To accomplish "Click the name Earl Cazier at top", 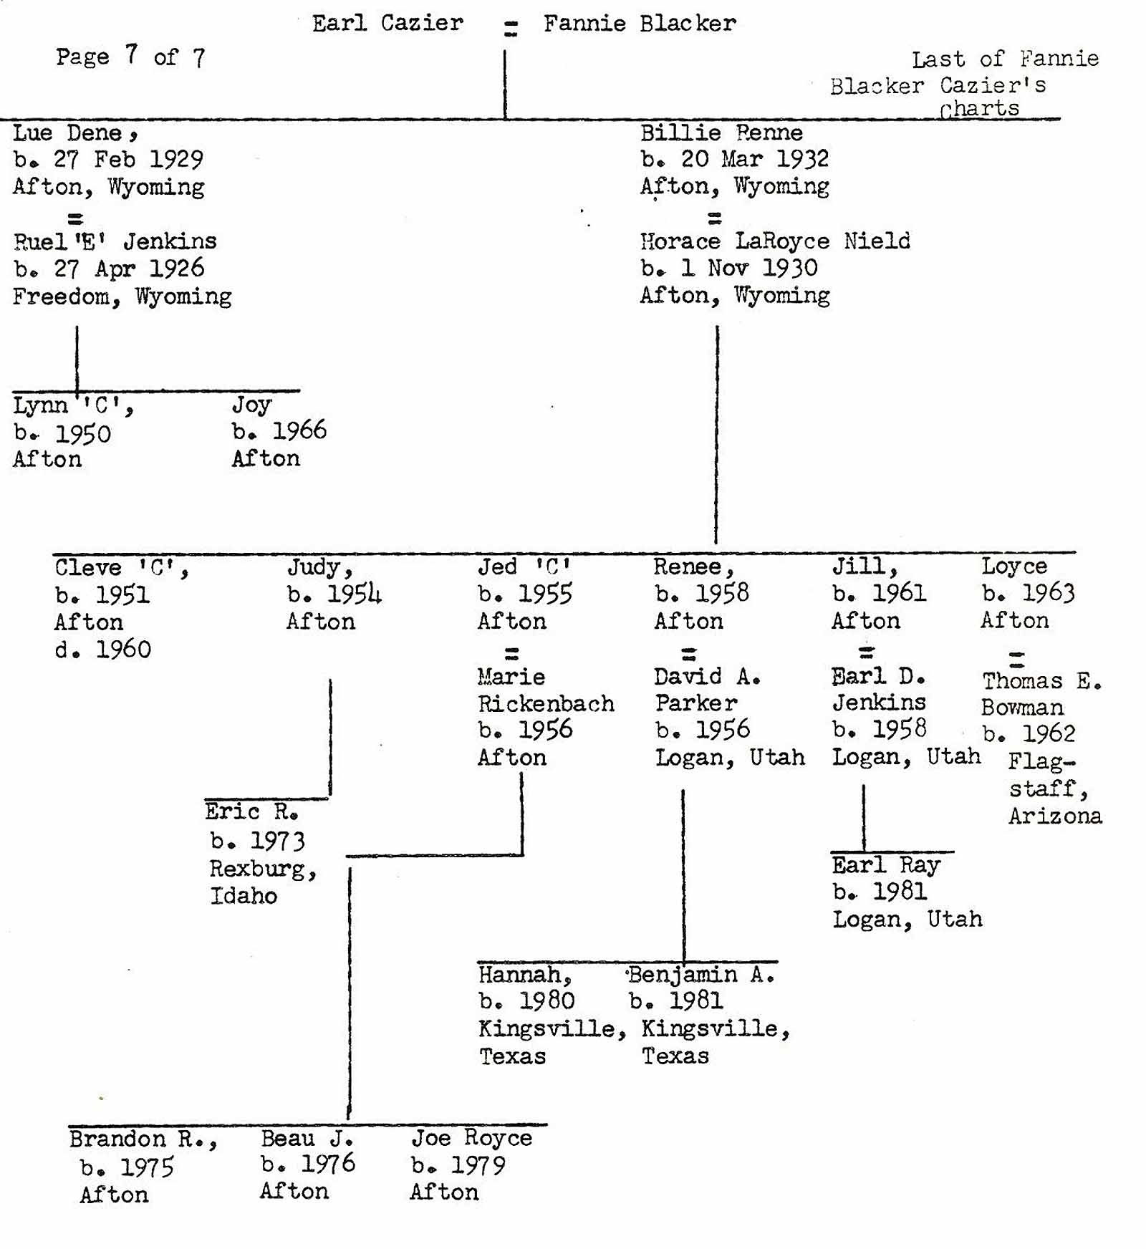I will pos(387,24).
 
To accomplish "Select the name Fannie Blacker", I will pos(639,24).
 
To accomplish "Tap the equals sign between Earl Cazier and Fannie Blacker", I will pos(510,29).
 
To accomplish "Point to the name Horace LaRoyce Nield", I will pos(775,241).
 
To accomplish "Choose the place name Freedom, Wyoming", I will pos(122,296).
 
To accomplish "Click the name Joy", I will pos(251,405).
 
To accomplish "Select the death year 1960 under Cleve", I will pos(123,650).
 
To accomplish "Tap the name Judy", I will pos(319,568).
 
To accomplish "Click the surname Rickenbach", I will pos(546,703).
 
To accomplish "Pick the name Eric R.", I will pos(251,811).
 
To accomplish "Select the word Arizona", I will pos(1055,816).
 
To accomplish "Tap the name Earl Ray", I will pos(885,865).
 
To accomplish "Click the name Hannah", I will pos(524,974).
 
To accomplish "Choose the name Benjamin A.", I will pos(701,974).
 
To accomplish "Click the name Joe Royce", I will pos(471,1138).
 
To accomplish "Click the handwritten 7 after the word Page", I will pos(131,54).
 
